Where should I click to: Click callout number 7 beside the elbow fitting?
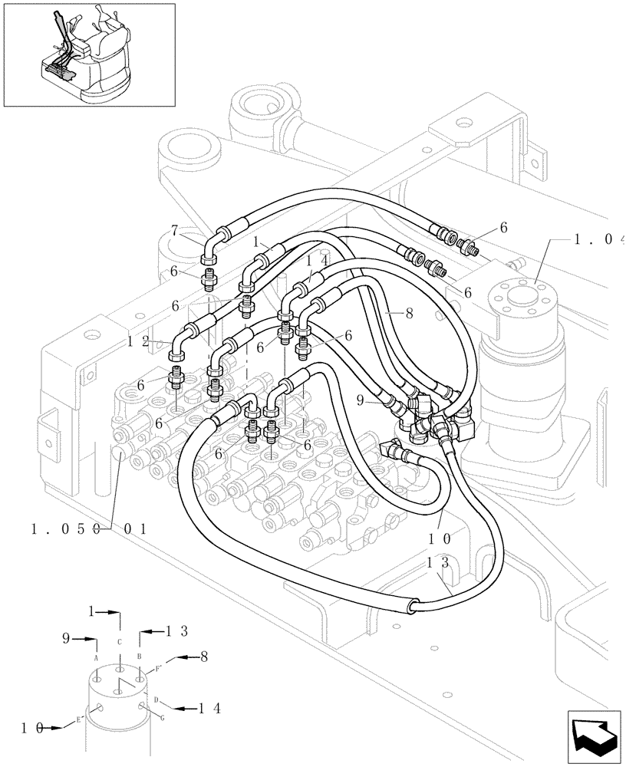(x=174, y=230)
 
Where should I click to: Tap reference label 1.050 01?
(x=88, y=528)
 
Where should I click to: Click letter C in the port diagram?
(x=119, y=641)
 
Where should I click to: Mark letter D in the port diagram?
(x=156, y=700)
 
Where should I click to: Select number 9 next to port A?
(x=67, y=637)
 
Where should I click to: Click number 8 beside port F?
(x=204, y=657)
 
